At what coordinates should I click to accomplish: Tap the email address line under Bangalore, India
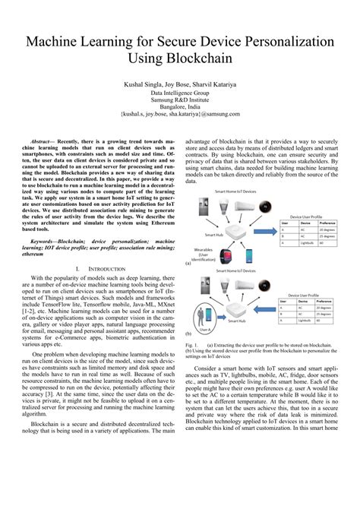point(180,113)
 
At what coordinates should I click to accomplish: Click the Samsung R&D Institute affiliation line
point(180,96)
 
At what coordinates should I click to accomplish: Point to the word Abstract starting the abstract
point(46,142)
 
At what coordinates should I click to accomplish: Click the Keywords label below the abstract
point(46,240)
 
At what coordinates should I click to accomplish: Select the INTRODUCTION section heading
point(105,268)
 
